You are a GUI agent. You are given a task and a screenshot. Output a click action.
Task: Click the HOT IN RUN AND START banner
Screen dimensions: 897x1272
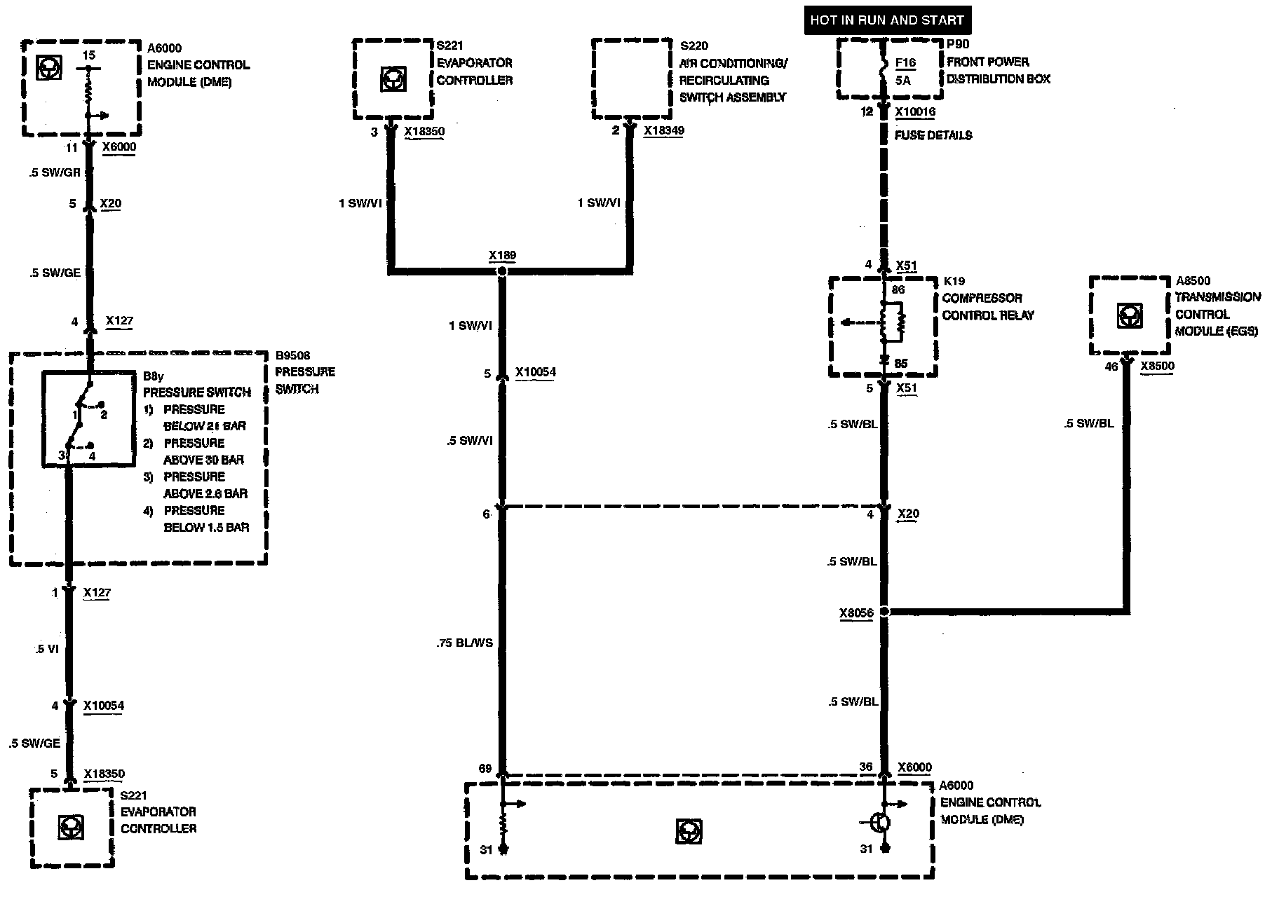887,20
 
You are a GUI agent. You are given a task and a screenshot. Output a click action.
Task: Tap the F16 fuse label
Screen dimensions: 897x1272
905,63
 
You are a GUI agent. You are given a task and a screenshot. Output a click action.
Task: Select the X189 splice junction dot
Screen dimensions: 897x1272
502,270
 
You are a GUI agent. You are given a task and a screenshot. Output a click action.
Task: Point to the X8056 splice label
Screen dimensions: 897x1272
856,613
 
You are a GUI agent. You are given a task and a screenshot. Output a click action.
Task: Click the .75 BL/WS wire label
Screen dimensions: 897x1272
465,643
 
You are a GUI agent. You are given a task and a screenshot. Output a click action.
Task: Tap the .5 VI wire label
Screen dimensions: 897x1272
46,649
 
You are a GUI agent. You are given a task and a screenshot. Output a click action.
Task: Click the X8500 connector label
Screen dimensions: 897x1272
1157,366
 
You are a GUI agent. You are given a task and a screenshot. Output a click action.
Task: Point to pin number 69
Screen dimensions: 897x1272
485,769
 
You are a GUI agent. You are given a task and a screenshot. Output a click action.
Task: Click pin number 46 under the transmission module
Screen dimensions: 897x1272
1111,367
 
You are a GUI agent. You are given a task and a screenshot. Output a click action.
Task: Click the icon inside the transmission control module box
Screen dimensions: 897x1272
1129,316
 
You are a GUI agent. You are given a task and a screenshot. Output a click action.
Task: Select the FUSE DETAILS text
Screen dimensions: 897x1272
933,135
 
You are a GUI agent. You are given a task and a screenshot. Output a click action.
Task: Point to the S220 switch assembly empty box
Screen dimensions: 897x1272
630,79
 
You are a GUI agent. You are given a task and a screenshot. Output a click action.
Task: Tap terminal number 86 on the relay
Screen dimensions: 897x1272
898,289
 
